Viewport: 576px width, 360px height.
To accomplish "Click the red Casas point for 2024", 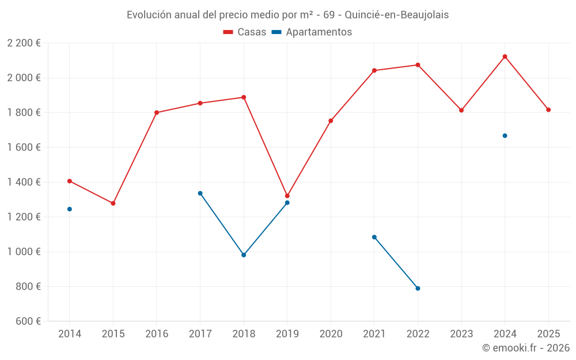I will point(505,56).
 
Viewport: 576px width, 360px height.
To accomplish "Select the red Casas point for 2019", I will point(287,196).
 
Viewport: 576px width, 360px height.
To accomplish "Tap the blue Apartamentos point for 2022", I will point(418,288).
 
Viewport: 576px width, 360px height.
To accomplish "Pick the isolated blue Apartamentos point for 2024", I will point(505,136).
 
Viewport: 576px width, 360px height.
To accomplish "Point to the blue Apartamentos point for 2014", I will point(70,209).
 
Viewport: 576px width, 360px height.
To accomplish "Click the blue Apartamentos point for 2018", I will point(244,255).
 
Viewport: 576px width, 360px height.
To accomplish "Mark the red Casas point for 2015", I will point(113,203).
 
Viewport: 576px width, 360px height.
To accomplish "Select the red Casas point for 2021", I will point(374,70).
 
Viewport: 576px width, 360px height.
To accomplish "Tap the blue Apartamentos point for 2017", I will point(200,193).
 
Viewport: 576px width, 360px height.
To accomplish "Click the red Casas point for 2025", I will point(548,110).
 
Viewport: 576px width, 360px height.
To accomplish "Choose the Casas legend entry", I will point(245,32).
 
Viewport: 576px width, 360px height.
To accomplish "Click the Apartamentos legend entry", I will point(312,32).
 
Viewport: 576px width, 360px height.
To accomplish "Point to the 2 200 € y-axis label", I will point(24,43).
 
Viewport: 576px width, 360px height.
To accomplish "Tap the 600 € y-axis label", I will point(28,321).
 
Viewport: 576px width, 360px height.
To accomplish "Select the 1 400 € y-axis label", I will point(24,182).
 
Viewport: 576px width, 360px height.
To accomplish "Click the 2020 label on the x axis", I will point(331,334).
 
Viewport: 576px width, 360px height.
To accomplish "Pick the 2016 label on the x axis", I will point(157,334).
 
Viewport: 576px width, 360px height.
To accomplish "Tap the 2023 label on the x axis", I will point(461,334).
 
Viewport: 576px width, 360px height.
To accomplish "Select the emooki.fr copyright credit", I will point(525,348).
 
